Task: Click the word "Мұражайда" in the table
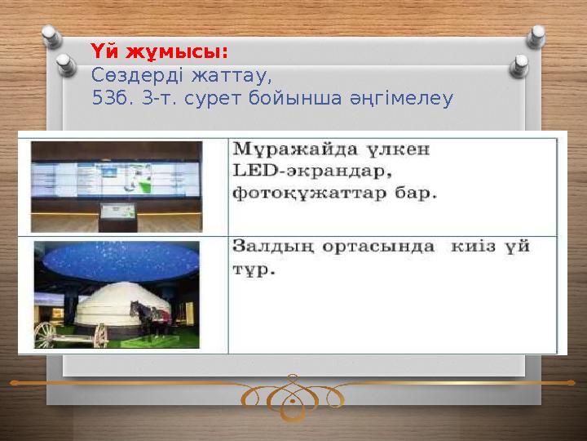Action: coord(289,151)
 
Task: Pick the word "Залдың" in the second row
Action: coord(270,246)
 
